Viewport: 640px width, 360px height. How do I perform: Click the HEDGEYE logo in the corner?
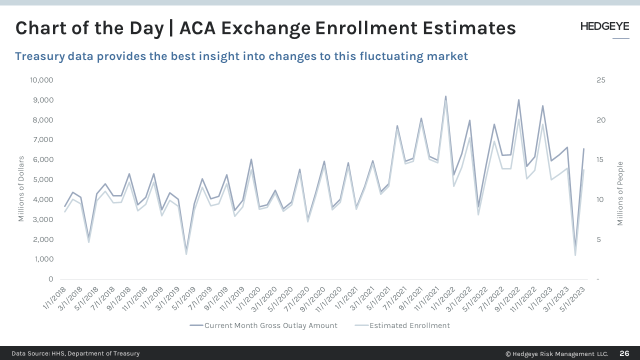click(604, 27)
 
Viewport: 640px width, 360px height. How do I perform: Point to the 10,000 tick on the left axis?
click(41, 80)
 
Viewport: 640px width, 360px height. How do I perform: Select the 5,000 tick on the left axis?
click(43, 179)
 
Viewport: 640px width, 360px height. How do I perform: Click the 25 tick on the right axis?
click(600, 80)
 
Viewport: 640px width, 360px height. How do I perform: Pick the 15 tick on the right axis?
click(600, 159)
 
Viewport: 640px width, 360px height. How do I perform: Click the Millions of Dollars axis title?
click(21, 189)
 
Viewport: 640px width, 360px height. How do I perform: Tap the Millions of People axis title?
click(620, 193)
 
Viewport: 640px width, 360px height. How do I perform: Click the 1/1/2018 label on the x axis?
click(55, 296)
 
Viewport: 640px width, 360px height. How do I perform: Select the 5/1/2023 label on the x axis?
click(572, 296)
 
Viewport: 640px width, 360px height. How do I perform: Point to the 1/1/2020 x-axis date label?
click(249, 296)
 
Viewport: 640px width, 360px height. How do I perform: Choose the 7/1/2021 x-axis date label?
click(394, 296)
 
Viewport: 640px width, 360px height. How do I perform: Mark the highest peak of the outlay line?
click(445, 96)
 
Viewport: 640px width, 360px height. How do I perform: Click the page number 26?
click(624, 353)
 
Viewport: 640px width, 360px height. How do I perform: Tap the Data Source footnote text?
click(75, 353)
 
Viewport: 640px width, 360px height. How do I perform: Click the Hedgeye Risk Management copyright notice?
click(556, 353)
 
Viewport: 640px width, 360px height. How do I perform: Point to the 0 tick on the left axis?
click(50, 279)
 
